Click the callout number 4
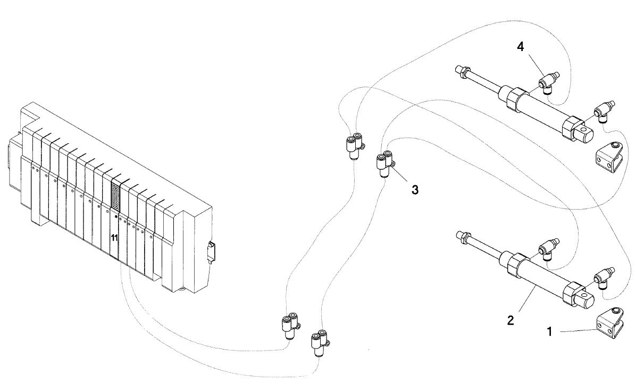click(520, 47)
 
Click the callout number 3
click(415, 189)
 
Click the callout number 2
click(511, 320)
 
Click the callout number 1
click(550, 331)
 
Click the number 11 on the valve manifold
click(114, 238)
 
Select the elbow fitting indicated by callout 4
click(548, 81)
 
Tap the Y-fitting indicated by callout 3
click(384, 164)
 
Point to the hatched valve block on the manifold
click(116, 196)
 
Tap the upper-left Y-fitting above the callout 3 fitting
click(354, 146)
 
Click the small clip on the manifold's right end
click(212, 252)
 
